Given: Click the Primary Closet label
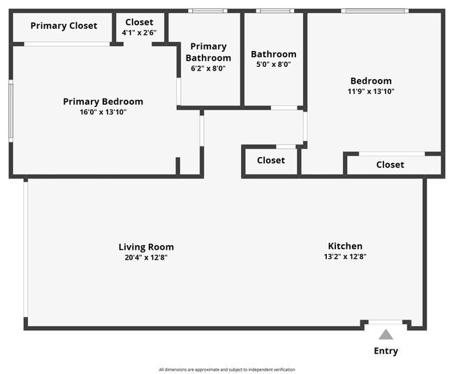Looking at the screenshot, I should tap(64, 26).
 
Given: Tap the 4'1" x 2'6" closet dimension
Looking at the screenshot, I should tap(139, 33).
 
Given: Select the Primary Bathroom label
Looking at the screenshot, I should tap(208, 52).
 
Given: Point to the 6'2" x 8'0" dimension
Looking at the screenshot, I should tap(208, 69).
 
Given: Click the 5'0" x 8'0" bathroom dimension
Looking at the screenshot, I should tap(273, 64).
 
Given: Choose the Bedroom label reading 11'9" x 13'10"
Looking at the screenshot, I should tap(371, 81).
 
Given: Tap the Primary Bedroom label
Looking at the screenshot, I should tap(103, 102).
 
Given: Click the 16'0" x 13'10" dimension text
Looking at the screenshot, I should tap(103, 112).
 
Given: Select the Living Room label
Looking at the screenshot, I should tap(146, 247).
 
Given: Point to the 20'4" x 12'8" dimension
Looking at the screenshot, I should tap(146, 257).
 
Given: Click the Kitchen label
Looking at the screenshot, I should tap(345, 246).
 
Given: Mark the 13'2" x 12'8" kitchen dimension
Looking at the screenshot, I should tap(345, 257).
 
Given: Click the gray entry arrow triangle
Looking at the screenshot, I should tap(386, 335).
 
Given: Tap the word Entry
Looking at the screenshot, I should tap(386, 351).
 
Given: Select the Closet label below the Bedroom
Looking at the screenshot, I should tap(390, 165).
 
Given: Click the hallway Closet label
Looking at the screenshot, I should tap(270, 160).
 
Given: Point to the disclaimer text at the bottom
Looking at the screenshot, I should tap(227, 369).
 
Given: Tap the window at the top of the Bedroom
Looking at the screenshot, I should tap(373, 10).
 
